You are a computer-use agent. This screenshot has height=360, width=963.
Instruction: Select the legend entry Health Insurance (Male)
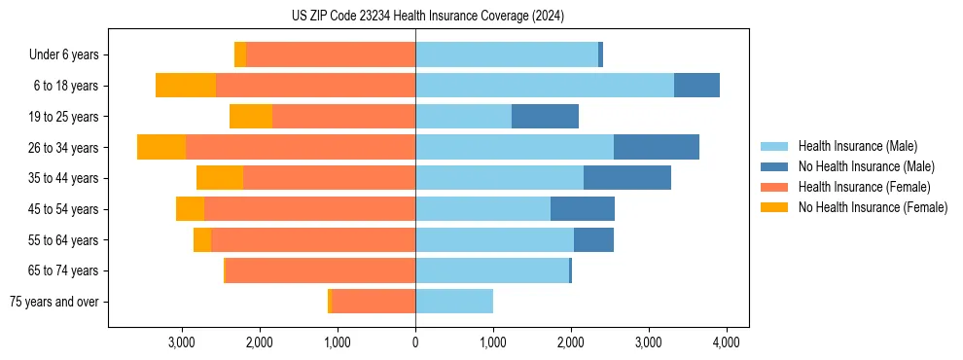[x=857, y=146]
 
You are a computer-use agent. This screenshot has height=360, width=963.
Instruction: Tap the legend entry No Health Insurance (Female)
[x=873, y=207]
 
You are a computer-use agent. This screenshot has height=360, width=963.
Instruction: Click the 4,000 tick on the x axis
[x=726, y=342]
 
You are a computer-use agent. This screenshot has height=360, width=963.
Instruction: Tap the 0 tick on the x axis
[x=415, y=342]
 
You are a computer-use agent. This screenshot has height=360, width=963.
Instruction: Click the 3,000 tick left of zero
[x=182, y=342]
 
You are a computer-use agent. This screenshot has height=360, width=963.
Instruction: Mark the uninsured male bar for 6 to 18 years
[x=696, y=86]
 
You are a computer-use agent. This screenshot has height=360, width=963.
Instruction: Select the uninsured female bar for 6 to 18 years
[x=186, y=86]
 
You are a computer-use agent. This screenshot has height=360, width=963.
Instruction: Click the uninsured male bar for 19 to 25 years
[x=545, y=117]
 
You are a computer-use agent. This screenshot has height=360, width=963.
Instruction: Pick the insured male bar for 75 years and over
[x=454, y=302]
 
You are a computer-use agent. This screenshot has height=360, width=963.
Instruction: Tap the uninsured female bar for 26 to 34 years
[x=161, y=147]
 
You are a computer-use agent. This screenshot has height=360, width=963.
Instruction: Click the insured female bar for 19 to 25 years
[x=343, y=117]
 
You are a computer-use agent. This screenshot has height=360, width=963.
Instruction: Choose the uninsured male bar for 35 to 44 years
[x=627, y=178]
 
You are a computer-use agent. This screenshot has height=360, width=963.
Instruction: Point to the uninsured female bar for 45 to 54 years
[x=190, y=209]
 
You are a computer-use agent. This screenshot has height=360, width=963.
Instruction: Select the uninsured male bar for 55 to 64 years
[x=593, y=240]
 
